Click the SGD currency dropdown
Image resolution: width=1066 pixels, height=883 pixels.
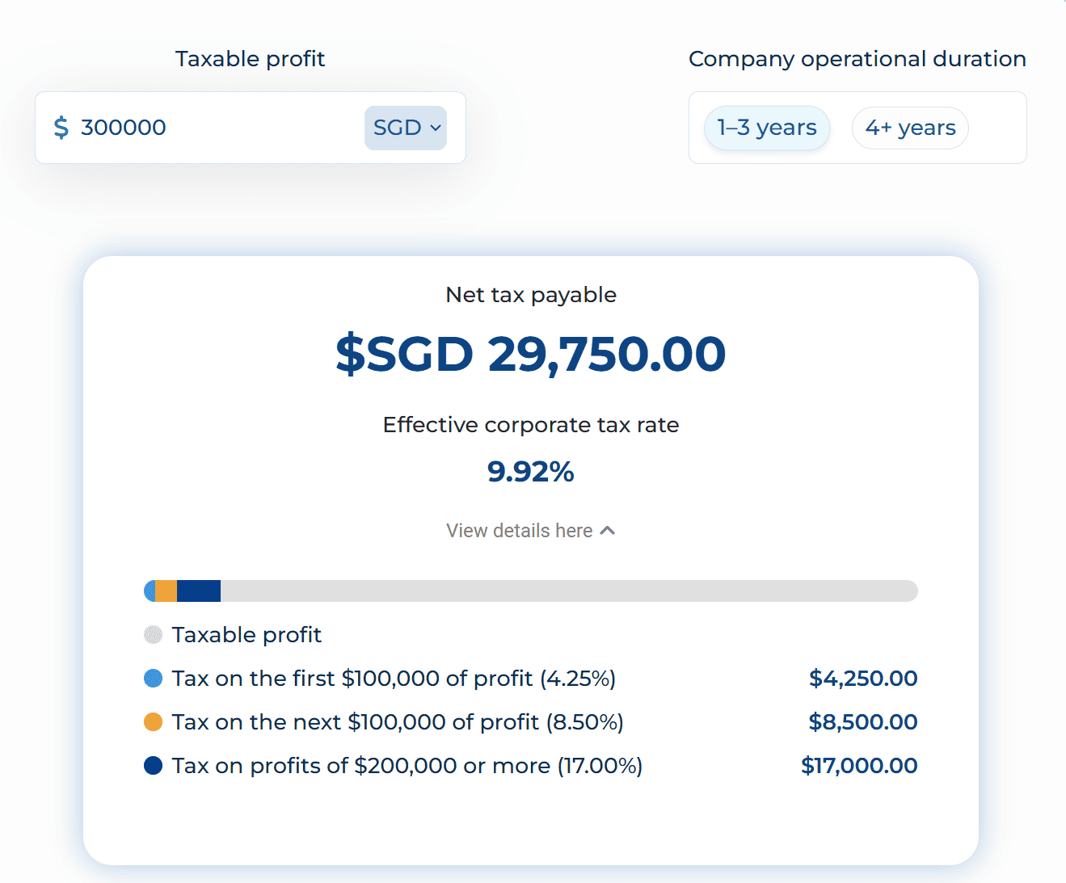406,128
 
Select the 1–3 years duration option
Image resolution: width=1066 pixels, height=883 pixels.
767,128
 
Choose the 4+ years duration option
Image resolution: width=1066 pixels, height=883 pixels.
910,128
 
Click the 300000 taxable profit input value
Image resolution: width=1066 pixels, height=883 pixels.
124,128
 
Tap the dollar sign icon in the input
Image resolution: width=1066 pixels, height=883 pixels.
61,128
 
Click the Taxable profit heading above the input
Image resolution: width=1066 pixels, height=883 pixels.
250,59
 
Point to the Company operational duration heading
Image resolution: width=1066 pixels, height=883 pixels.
857,59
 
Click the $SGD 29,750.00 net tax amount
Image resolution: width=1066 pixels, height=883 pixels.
531,354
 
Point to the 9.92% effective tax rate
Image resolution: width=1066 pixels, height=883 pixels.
531,471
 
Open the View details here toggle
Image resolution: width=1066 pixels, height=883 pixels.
531,531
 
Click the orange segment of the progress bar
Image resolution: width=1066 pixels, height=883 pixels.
166,591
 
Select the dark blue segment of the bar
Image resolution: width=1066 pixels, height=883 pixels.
199,591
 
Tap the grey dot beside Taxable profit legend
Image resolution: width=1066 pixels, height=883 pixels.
153,635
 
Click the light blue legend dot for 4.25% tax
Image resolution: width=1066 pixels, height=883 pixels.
153,679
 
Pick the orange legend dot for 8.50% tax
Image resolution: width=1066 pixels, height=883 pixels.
153,722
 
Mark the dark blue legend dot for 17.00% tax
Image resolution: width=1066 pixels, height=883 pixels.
153,766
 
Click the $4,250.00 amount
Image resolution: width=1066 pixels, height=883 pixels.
863,679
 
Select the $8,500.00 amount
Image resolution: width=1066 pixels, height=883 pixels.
863,722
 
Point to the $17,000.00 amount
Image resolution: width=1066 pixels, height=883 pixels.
859,766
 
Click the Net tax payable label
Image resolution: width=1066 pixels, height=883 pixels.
531,295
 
